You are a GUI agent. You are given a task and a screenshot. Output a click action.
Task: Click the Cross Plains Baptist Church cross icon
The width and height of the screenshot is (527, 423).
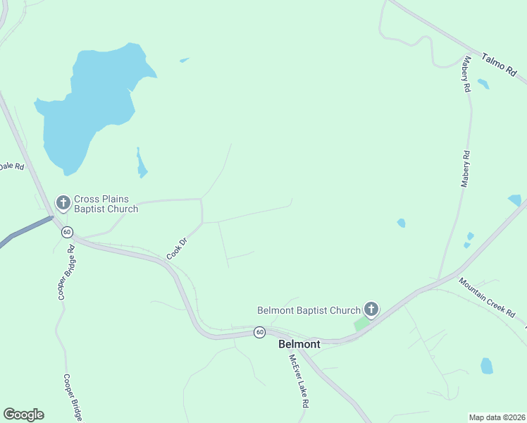tap(63, 204)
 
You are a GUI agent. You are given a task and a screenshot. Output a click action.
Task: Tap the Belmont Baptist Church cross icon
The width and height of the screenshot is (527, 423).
tap(371, 309)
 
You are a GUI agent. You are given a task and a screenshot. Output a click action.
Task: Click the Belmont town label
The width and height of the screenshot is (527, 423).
tap(299, 344)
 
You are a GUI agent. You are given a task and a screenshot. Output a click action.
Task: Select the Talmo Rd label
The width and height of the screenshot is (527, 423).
tap(500, 64)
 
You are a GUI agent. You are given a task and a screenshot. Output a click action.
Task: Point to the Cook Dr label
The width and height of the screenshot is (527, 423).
tap(176, 247)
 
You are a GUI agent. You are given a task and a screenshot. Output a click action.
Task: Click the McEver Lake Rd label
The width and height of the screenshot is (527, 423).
tap(299, 380)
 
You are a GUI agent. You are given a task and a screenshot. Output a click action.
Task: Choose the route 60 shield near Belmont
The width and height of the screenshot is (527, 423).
tap(260, 332)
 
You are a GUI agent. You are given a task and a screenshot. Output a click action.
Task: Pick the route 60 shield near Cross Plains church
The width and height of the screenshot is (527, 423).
tap(67, 231)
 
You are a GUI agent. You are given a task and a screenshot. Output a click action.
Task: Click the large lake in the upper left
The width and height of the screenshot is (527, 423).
tap(85, 106)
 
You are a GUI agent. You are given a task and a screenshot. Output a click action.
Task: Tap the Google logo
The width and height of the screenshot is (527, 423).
tap(23, 415)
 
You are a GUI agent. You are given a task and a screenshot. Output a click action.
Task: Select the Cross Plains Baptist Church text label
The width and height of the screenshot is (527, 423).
tap(106, 204)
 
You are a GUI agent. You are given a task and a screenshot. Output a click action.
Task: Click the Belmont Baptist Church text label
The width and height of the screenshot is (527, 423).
tap(309, 309)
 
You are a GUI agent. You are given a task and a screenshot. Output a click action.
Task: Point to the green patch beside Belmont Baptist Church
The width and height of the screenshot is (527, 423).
tap(361, 324)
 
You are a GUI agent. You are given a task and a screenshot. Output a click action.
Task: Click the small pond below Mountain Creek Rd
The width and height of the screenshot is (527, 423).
tap(487, 366)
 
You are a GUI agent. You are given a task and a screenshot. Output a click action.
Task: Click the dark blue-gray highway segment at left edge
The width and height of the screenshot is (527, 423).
tap(25, 231)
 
